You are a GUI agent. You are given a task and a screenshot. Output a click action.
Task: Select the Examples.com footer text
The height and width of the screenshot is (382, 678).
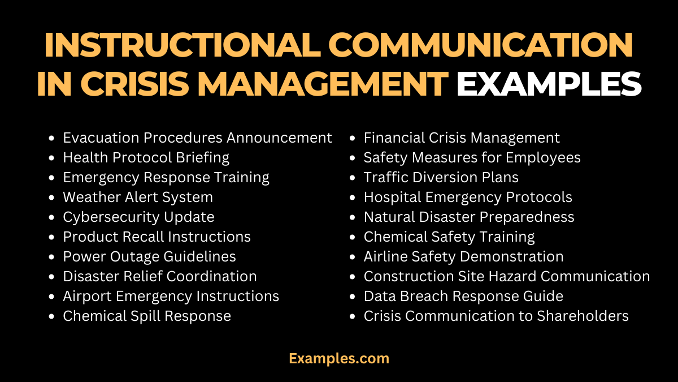(338, 358)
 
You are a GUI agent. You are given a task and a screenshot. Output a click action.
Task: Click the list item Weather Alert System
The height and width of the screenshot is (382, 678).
(138, 197)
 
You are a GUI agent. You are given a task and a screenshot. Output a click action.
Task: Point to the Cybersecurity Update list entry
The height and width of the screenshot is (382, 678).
(138, 217)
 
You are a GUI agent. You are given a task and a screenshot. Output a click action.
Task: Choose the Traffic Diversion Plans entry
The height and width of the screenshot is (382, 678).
(441, 177)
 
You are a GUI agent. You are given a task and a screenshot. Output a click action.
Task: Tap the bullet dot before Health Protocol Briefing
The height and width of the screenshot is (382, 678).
(52, 157)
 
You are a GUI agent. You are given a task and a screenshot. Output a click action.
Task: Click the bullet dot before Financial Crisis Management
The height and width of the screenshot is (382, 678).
(353, 138)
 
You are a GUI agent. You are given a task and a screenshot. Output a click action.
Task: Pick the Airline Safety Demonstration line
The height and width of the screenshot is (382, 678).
(463, 256)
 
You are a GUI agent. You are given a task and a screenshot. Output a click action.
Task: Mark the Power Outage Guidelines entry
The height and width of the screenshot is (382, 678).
(149, 256)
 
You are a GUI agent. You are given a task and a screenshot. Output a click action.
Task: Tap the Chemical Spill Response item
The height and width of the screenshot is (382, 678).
(147, 316)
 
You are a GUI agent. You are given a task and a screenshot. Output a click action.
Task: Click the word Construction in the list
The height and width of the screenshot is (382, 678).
(405, 276)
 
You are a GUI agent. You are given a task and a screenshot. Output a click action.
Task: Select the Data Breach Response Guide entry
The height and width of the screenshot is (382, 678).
(463, 296)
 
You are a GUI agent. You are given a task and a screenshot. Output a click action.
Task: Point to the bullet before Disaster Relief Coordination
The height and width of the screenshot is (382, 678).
(52, 276)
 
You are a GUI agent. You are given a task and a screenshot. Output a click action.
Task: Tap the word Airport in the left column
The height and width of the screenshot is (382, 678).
(85, 296)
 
